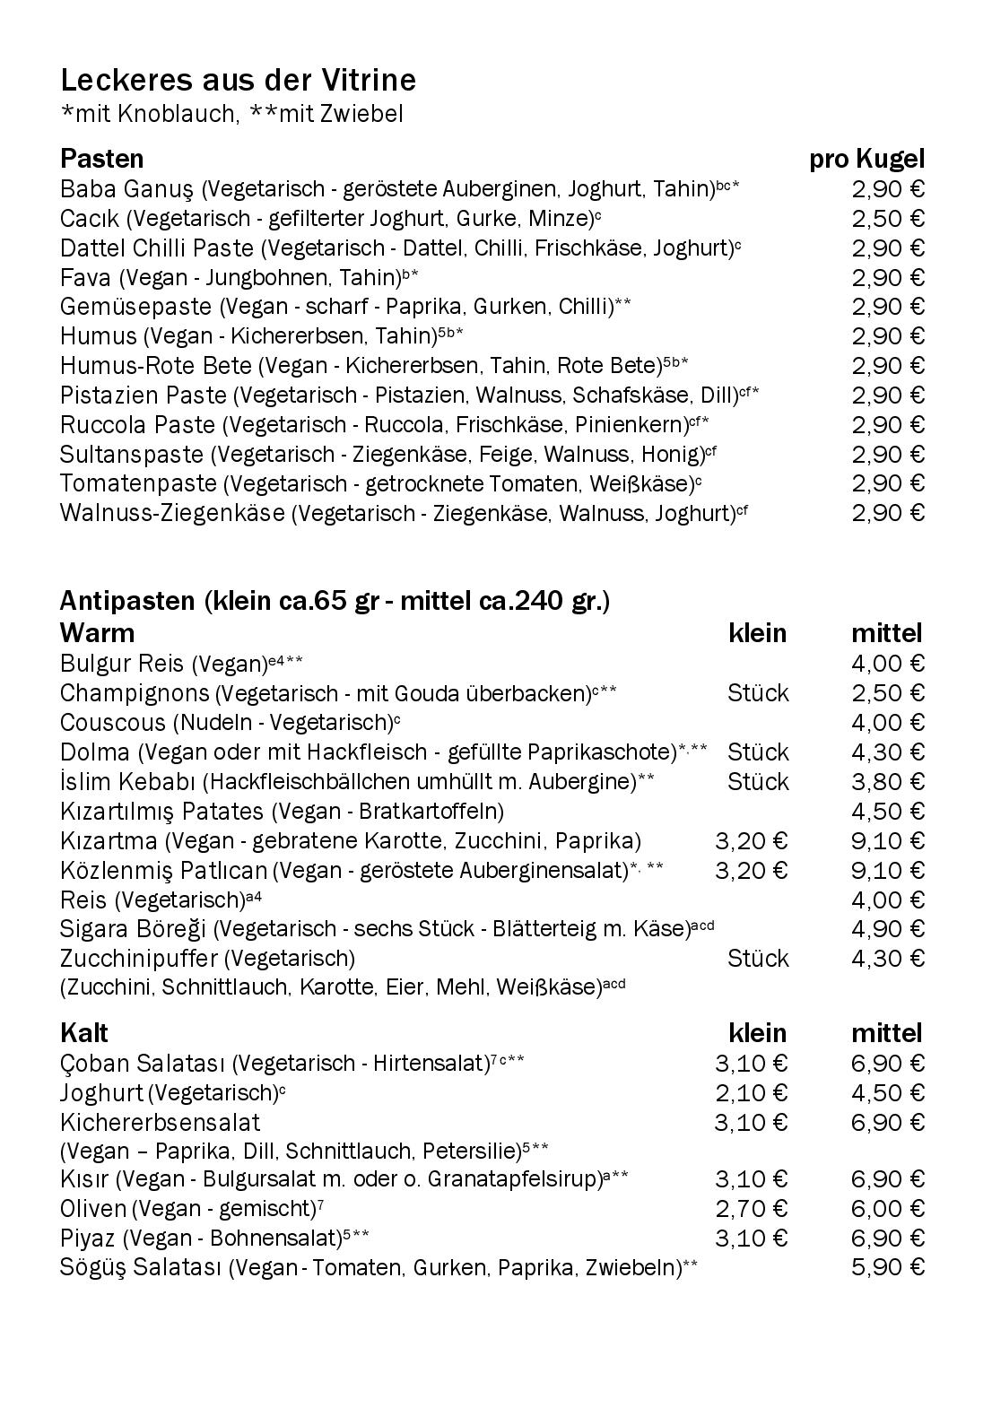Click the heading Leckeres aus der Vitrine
238,81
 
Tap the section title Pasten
101,159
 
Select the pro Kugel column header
866,160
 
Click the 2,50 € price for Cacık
888,219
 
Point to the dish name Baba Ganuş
126,189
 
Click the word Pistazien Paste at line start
144,395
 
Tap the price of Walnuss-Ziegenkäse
888,513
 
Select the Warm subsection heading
97,633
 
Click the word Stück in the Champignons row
758,693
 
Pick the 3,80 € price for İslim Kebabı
888,781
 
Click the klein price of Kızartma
751,841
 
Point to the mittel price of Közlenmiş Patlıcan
888,870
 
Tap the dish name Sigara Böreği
134,929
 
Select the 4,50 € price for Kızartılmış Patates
888,811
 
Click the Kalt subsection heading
84,1033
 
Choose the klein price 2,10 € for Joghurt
751,1093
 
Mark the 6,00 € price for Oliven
888,1209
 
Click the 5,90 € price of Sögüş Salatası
888,1268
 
